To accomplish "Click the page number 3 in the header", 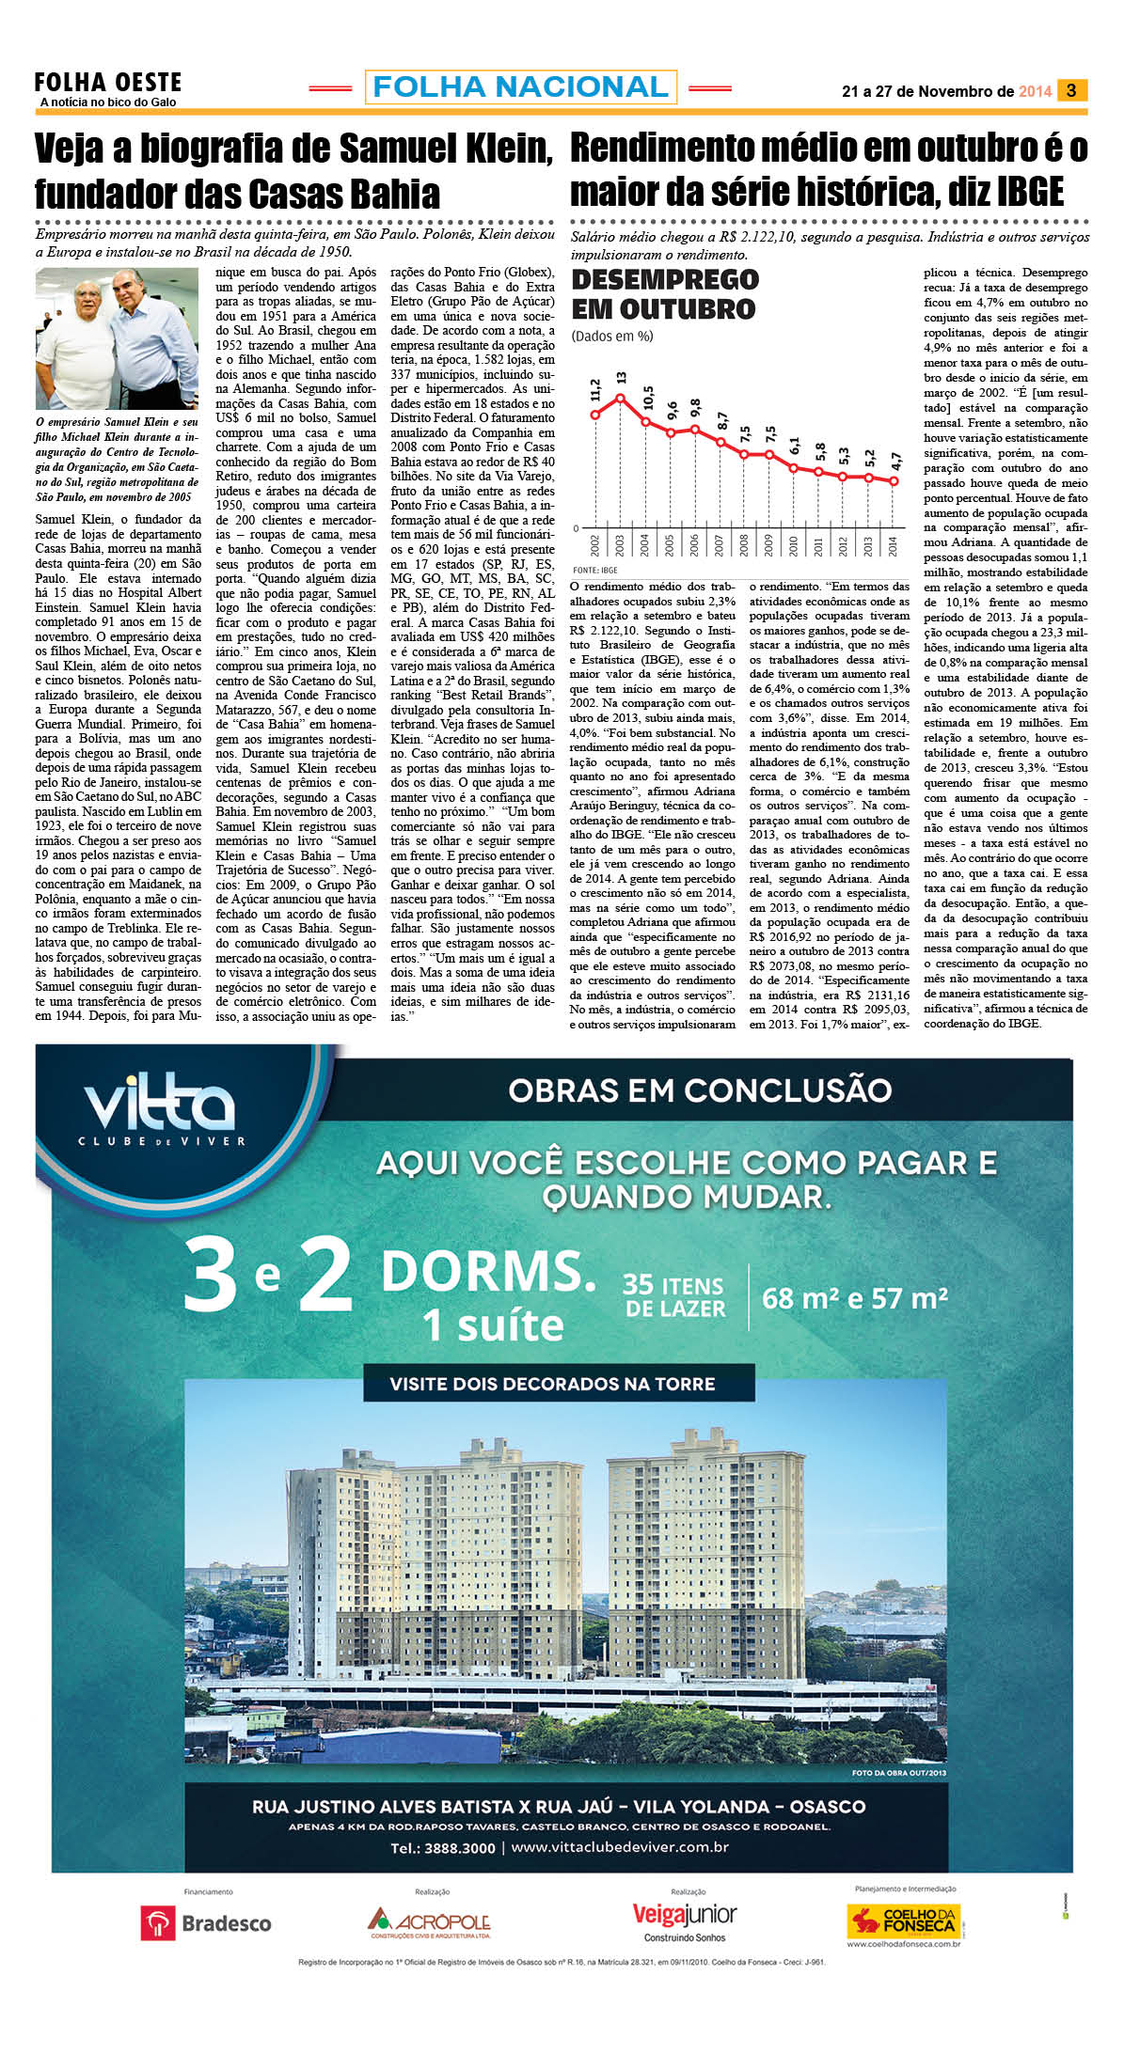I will coord(1071,90).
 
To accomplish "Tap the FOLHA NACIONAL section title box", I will coord(520,87).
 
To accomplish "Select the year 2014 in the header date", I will coord(1035,91).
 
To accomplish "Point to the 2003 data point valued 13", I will coord(620,397).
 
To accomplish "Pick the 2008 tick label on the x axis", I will coord(744,545).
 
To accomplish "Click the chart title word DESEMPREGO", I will coord(665,279).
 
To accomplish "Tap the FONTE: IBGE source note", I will coord(594,570).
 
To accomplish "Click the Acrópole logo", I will coord(430,1922).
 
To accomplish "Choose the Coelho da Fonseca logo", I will coord(902,1921).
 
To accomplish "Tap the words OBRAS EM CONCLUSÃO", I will coord(700,1090).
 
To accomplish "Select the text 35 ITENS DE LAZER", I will coord(674,1297).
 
